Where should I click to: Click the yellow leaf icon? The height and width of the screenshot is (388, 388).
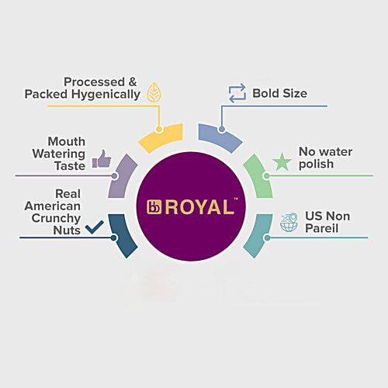154,92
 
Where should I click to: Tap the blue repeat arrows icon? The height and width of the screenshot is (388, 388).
237,93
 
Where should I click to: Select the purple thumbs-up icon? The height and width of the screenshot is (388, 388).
102,158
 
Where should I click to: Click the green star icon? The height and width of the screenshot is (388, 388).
282,161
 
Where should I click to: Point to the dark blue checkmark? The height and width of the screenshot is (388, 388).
95,227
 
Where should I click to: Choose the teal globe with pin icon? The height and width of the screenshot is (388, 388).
289,222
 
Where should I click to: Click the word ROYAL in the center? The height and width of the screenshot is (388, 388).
199,207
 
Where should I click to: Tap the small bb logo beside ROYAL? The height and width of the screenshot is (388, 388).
154,207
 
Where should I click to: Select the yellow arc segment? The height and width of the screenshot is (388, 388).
161,137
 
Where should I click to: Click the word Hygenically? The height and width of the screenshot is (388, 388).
106,95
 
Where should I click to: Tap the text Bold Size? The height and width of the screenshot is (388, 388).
280,93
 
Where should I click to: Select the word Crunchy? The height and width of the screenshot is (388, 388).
56,219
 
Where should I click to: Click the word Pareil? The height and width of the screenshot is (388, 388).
321,228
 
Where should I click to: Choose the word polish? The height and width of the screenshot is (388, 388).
316,165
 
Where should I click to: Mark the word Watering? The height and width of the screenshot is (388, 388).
59,154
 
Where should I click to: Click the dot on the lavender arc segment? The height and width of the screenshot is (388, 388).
115,176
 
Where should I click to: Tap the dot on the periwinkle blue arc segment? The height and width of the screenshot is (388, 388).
221,129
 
